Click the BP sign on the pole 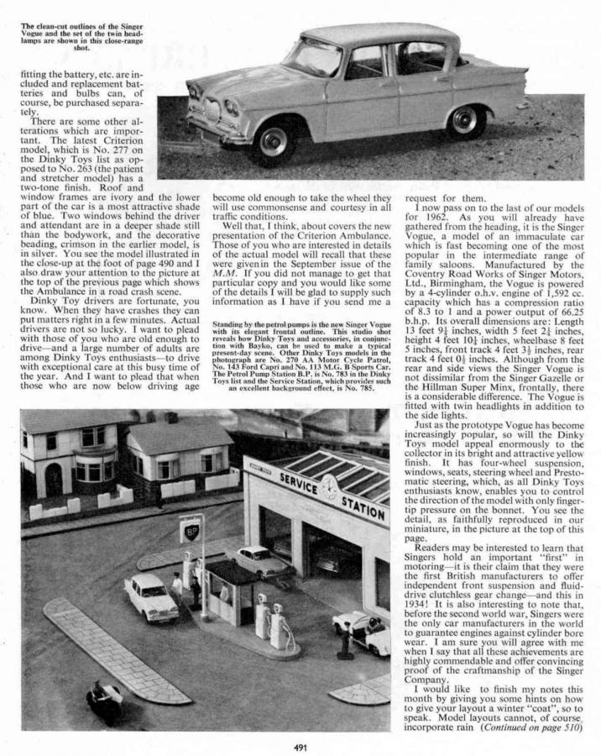pos(191,533)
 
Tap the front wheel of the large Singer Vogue pos(273,138)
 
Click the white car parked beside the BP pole pos(151,595)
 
